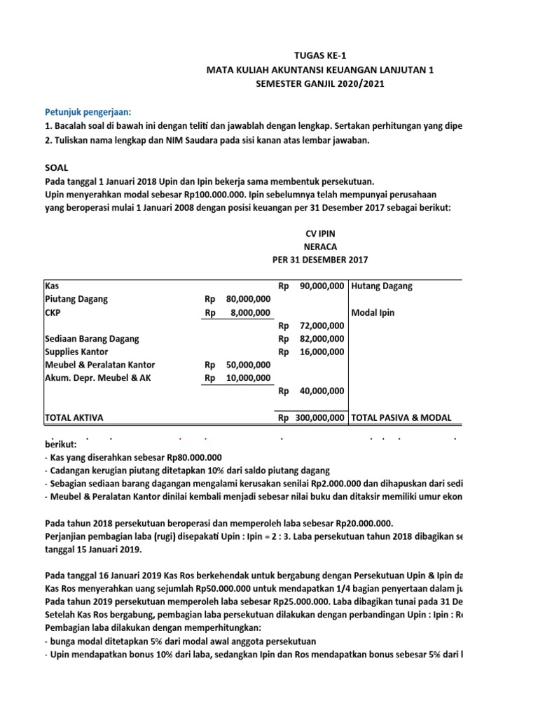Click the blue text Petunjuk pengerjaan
[88, 111]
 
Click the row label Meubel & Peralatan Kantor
[99, 365]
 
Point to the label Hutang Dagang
[381, 286]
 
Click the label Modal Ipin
[373, 312]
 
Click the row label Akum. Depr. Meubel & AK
[97, 378]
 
